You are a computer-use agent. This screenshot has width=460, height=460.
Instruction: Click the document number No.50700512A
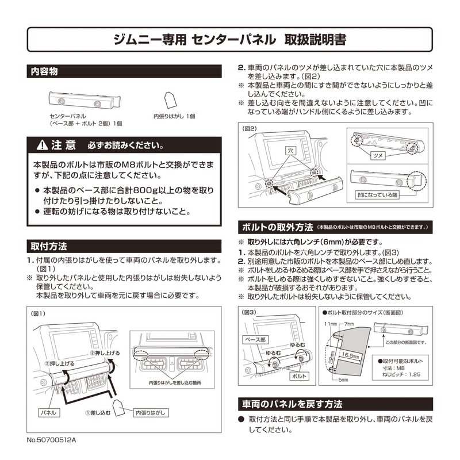(51, 439)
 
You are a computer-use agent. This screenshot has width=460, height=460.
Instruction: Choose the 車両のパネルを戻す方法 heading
(293, 403)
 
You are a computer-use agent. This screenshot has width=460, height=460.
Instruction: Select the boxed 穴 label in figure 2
(290, 150)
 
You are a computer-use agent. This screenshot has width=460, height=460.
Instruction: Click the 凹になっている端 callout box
(377, 194)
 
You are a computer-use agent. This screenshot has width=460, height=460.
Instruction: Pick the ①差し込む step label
(98, 413)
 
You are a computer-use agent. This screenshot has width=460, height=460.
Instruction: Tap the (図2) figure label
(250, 128)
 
